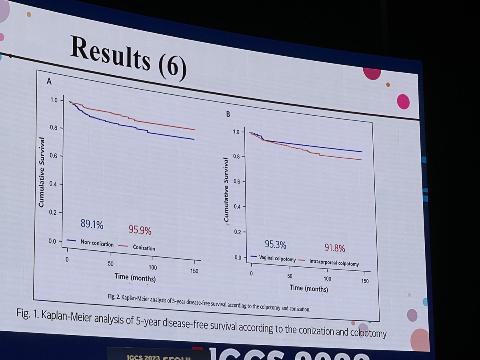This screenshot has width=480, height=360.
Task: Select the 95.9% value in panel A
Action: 140,230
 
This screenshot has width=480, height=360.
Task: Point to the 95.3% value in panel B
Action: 276,244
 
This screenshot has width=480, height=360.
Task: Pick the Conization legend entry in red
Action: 144,248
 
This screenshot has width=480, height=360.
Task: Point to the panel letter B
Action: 228,114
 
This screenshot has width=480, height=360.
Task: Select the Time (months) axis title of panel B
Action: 308,288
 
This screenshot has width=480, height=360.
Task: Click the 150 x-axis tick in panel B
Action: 365,282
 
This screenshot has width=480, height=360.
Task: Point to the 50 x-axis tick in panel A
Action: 111,264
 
